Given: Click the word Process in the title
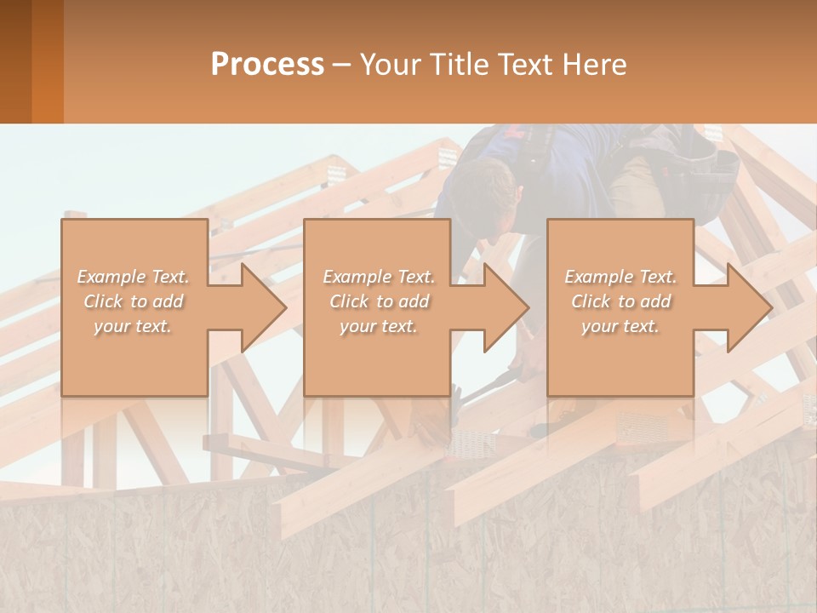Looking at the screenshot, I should click(x=267, y=65).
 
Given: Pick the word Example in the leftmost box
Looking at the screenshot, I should click(x=111, y=277).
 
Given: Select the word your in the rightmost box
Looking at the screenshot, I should click(x=599, y=326).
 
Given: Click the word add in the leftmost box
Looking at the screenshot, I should click(x=168, y=301).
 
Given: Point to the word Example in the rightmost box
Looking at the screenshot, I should click(x=598, y=277).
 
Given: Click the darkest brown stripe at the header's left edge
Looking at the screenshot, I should click(x=15, y=61).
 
